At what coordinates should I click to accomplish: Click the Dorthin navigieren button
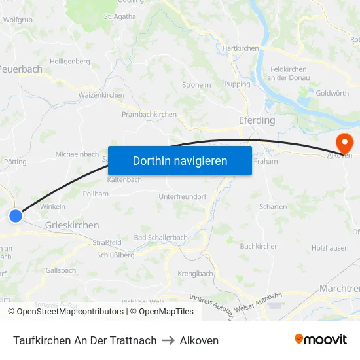180,160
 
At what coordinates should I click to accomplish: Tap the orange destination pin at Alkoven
343,142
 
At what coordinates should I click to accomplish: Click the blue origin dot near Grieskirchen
16,215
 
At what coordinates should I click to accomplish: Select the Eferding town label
257,121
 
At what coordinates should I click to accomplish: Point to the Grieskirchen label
72,225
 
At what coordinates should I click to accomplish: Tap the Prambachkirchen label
149,114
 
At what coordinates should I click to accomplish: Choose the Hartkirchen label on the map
240,48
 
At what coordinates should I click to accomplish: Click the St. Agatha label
120,16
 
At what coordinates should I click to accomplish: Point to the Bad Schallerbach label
161,238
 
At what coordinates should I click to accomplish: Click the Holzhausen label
330,248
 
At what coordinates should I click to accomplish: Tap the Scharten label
273,207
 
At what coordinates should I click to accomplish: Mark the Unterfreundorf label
183,196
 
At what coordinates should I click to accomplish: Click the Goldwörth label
332,94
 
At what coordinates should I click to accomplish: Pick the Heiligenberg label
69,62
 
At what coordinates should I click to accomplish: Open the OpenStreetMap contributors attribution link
66,312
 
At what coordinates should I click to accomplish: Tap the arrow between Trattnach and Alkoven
168,341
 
